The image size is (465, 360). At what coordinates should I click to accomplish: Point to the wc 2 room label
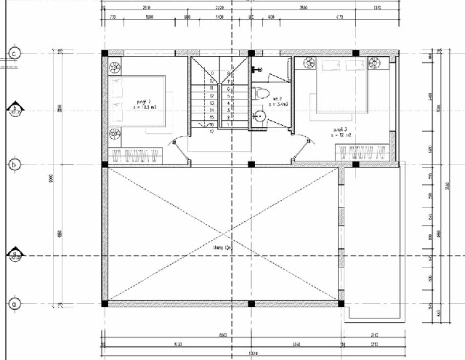278,101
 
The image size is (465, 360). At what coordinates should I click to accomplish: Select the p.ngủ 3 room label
340,132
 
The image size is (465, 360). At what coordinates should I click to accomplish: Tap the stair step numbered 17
211,132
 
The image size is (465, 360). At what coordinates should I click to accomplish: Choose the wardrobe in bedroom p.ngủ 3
361,152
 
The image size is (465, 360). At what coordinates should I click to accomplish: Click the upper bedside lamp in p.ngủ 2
116,68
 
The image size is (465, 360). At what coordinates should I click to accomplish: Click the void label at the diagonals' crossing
222,249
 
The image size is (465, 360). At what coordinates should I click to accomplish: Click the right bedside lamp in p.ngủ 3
376,65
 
